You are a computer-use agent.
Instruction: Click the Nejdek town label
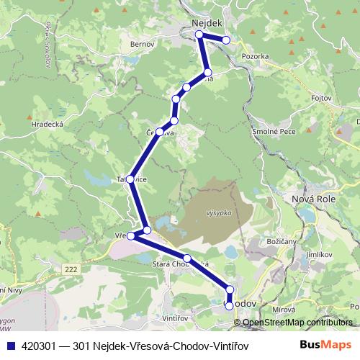coord(207,24)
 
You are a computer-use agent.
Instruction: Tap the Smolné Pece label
coord(274,132)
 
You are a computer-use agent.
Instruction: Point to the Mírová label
coord(285,310)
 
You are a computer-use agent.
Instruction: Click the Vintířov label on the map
coord(176,318)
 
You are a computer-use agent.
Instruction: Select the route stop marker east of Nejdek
coord(227,40)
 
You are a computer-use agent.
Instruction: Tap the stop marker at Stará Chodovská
coord(186,258)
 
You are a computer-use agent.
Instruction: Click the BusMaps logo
coord(326,345)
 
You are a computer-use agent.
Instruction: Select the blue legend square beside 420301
coord(8,346)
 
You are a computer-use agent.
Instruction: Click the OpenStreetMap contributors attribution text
coord(298,322)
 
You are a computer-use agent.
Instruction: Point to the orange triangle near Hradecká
coord(29,116)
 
